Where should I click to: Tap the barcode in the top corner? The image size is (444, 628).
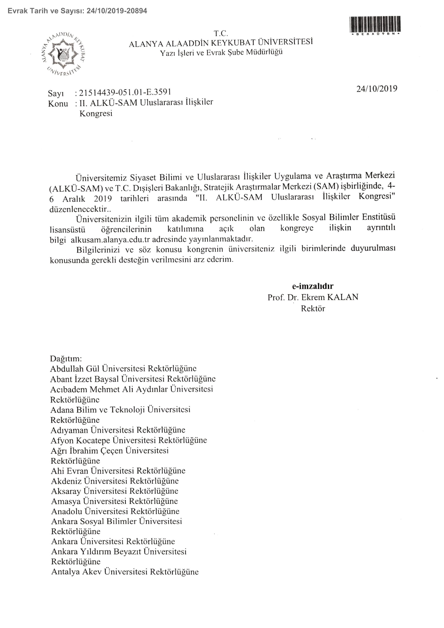(x=375, y=24)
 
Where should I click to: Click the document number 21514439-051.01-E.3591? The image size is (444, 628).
(x=125, y=92)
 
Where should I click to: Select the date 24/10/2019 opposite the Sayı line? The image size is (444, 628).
(x=376, y=89)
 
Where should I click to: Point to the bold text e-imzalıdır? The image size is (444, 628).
(x=312, y=286)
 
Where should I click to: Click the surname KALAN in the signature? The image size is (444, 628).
(x=342, y=297)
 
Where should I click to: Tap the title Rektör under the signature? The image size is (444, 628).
(x=313, y=308)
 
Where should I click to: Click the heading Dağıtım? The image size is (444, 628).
(x=66, y=359)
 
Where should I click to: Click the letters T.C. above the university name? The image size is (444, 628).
(x=221, y=34)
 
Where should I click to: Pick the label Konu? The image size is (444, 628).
(x=58, y=104)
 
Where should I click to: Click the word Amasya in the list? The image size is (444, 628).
(x=66, y=501)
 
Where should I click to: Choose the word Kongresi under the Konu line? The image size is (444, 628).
(x=96, y=114)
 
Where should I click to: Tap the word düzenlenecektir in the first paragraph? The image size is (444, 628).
(x=78, y=209)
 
